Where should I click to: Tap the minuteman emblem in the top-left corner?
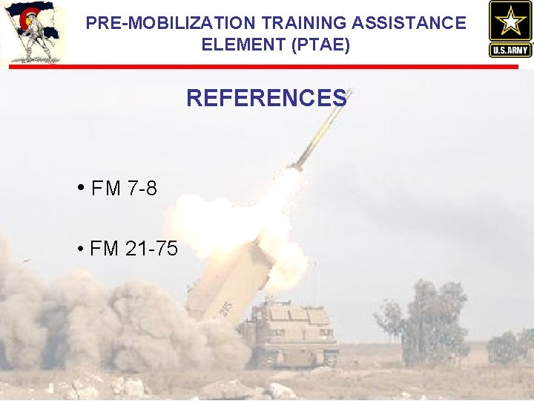(31, 33)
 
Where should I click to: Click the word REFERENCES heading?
(266, 98)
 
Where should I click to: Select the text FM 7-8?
(124, 189)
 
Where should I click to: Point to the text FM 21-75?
(133, 248)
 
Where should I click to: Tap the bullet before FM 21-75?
(79, 247)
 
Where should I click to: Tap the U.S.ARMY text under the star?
(510, 50)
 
